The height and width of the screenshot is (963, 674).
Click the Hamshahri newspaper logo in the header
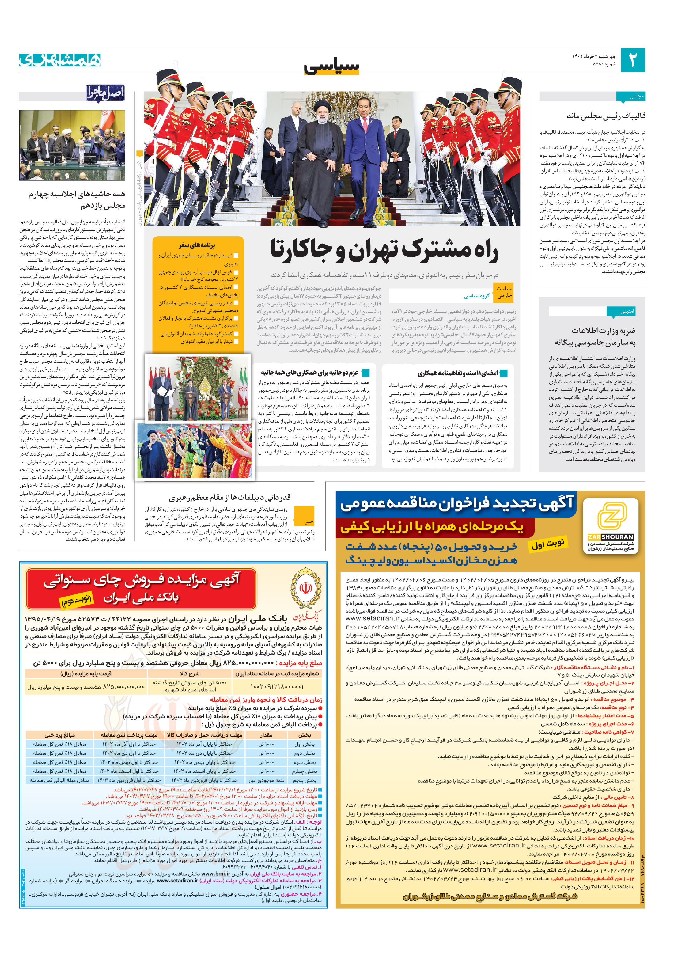click(60, 60)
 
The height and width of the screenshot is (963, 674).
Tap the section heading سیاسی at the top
click(331, 66)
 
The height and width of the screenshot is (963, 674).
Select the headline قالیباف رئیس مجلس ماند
click(606, 116)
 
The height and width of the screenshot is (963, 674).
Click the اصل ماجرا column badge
click(105, 93)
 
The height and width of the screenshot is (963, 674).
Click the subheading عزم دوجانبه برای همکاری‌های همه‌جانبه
click(309, 373)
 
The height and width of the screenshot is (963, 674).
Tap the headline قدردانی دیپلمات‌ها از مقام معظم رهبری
click(229, 498)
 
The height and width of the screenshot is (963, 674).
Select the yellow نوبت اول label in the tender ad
click(548, 544)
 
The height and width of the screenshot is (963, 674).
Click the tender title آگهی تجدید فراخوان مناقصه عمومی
click(456, 504)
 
